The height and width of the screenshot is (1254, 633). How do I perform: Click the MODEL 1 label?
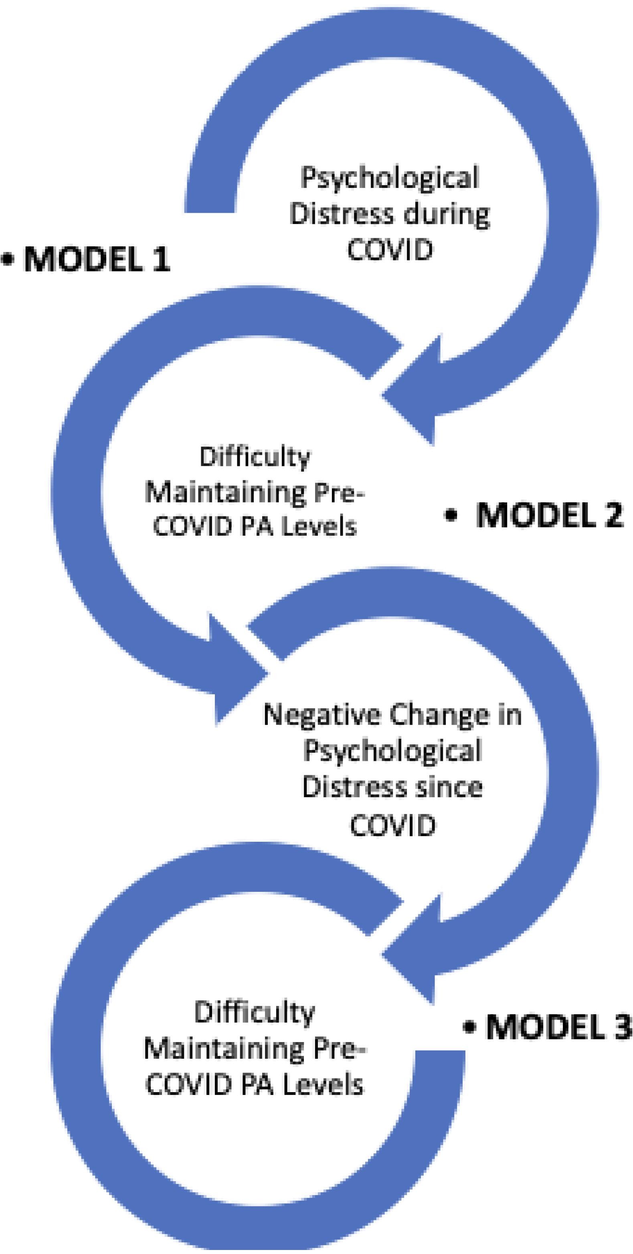click(x=96, y=260)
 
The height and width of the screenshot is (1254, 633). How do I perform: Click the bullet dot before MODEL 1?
click(x=8, y=260)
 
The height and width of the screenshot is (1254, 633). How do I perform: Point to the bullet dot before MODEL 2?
click(x=451, y=515)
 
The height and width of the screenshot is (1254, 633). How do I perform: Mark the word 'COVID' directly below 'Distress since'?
click(x=392, y=824)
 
